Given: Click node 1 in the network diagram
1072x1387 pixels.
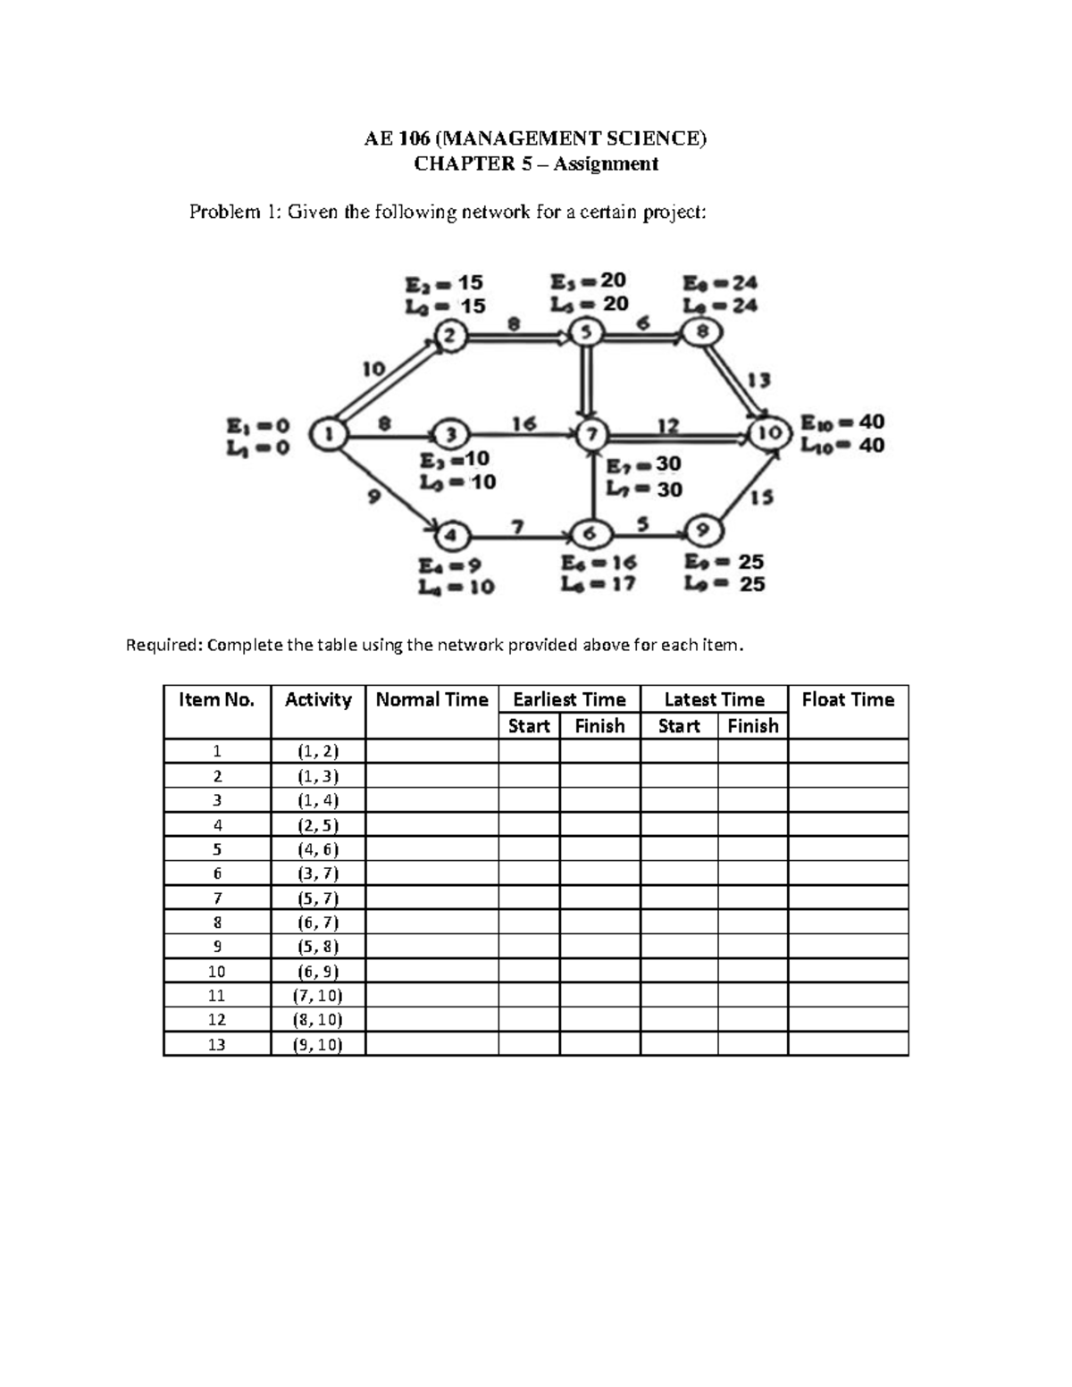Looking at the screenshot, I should pyautogui.click(x=329, y=435).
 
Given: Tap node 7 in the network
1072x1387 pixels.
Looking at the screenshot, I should pyautogui.click(x=591, y=435).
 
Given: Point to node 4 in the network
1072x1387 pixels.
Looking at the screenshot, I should pyautogui.click(x=452, y=536).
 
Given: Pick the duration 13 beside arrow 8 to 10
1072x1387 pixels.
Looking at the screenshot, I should pyautogui.click(x=758, y=380).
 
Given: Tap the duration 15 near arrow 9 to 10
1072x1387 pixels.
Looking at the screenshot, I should pyautogui.click(x=761, y=497).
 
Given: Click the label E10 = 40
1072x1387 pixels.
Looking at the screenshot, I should pyautogui.click(x=842, y=422).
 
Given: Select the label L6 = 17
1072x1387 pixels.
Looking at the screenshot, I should pyautogui.click(x=598, y=584).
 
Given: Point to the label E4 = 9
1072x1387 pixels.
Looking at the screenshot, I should pyautogui.click(x=450, y=564).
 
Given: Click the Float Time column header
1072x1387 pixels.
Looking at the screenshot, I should pyautogui.click(x=848, y=700).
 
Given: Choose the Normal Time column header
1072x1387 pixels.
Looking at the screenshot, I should pyautogui.click(x=431, y=700).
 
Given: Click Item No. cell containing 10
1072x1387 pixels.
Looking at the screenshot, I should pyautogui.click(x=216, y=972).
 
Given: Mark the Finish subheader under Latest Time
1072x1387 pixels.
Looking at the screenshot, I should pyautogui.click(x=752, y=726).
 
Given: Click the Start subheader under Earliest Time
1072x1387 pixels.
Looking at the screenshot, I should pyautogui.click(x=529, y=726).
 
